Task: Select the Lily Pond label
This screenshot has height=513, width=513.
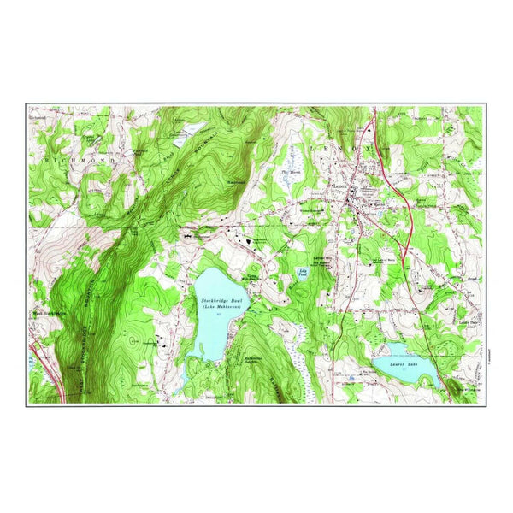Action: pyautogui.click(x=303, y=275)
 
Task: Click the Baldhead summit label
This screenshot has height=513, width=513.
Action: pyautogui.click(x=237, y=182)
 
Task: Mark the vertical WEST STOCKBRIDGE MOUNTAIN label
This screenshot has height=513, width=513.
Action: pyautogui.click(x=84, y=291)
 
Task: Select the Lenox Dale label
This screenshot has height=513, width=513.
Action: pyautogui.click(x=468, y=322)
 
